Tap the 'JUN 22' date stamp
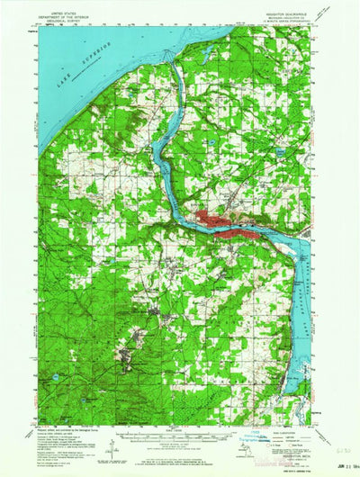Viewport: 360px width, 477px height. coord(332,463)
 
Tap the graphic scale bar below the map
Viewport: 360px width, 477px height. coord(180,436)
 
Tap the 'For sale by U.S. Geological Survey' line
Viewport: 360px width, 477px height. coord(180,459)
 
